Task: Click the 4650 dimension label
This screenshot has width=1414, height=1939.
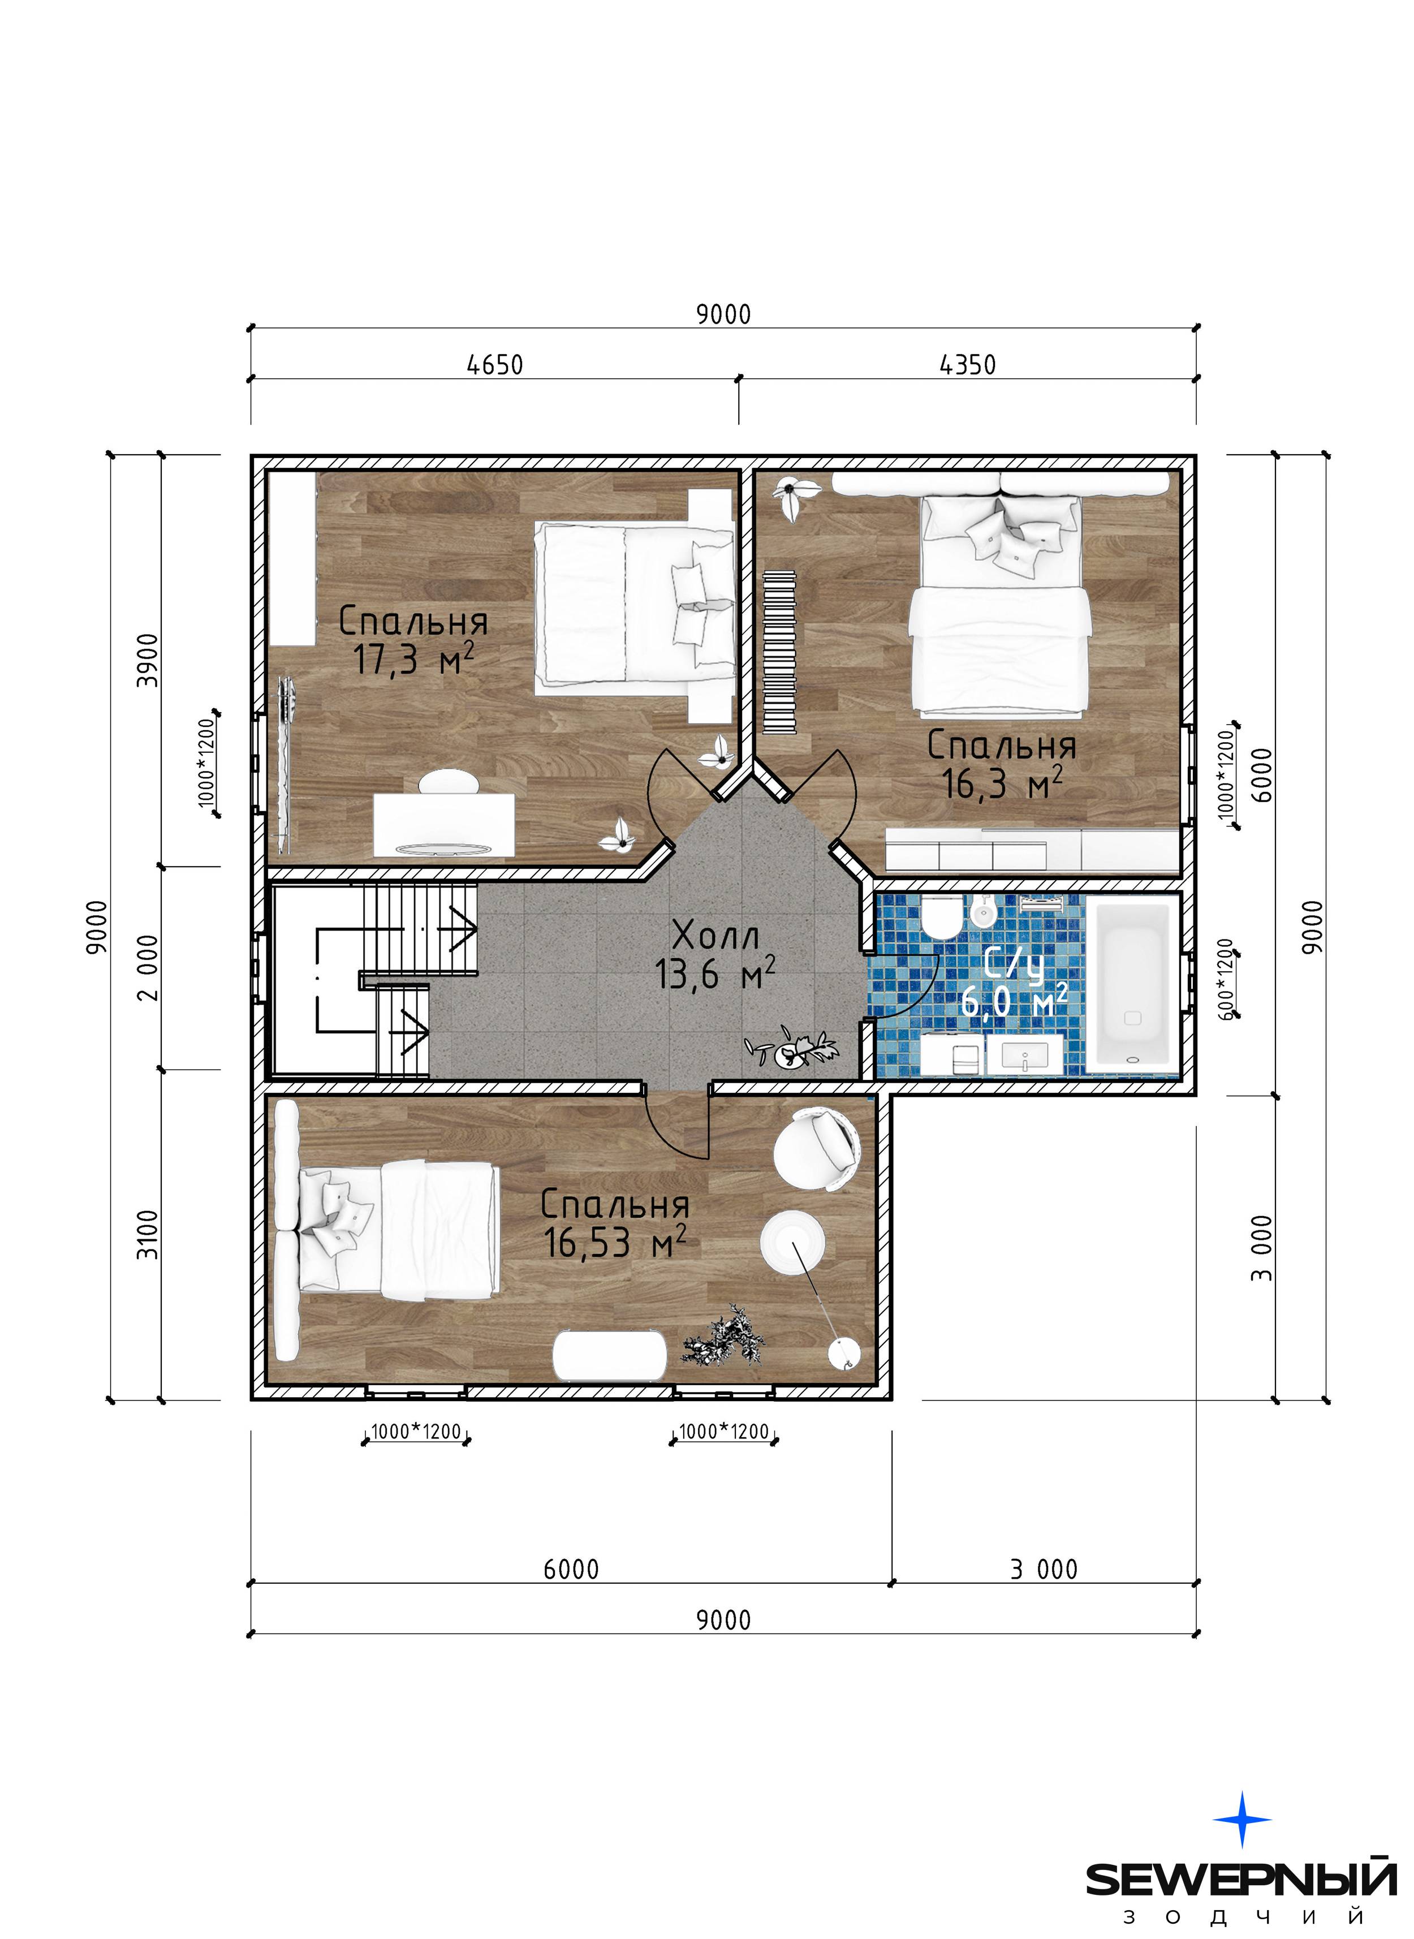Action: coord(495,365)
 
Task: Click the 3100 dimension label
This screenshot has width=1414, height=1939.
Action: coord(148,1234)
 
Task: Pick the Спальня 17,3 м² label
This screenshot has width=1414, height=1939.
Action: coord(413,640)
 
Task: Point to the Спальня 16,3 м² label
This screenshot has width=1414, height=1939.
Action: coord(1002,764)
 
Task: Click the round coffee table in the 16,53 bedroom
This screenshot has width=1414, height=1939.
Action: coord(794,1242)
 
